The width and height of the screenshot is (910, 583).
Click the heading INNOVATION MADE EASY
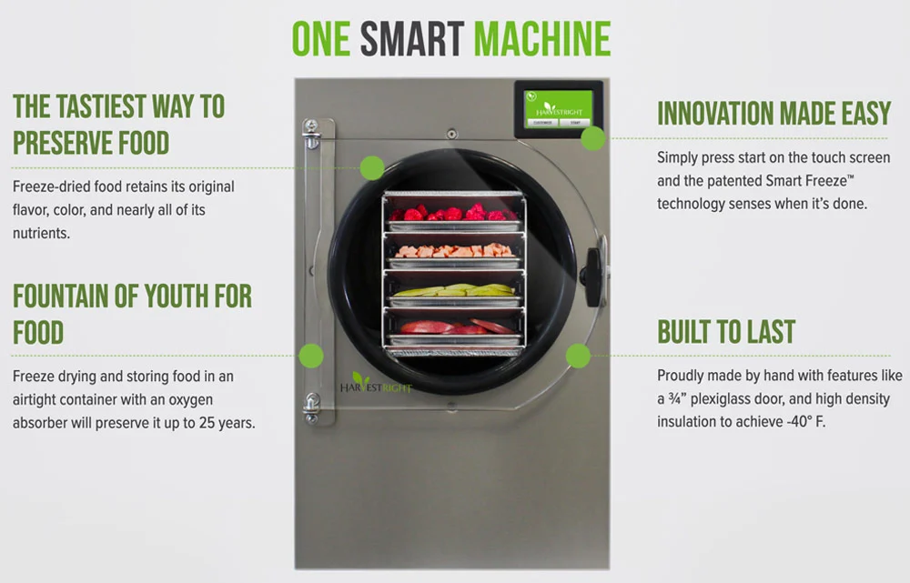(x=773, y=114)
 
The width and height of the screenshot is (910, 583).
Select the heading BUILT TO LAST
(x=726, y=332)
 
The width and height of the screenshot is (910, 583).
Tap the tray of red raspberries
(x=452, y=216)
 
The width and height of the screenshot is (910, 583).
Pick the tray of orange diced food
(x=452, y=252)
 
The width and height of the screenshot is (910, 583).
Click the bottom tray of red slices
(x=452, y=328)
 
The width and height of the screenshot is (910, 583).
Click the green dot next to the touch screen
(x=593, y=138)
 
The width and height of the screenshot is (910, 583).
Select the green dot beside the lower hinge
(x=311, y=356)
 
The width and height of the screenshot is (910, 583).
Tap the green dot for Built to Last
(x=578, y=356)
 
